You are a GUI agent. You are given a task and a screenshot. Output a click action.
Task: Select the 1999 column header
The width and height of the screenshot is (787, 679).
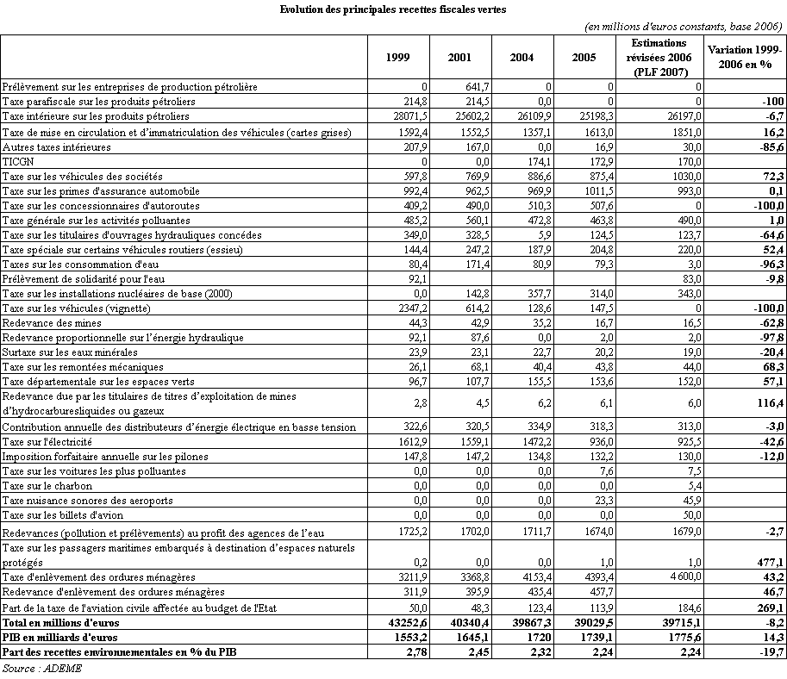click(398, 58)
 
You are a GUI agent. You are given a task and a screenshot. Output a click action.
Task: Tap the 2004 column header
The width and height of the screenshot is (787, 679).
click(521, 58)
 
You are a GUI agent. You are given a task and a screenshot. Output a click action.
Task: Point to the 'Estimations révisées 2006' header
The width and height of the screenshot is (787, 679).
click(658, 57)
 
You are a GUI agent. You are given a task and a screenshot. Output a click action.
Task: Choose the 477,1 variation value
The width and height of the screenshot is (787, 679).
click(768, 561)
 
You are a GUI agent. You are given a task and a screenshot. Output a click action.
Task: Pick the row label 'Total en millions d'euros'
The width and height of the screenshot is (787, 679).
click(60, 622)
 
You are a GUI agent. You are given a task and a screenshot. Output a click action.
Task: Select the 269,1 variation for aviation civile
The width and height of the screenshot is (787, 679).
click(768, 607)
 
